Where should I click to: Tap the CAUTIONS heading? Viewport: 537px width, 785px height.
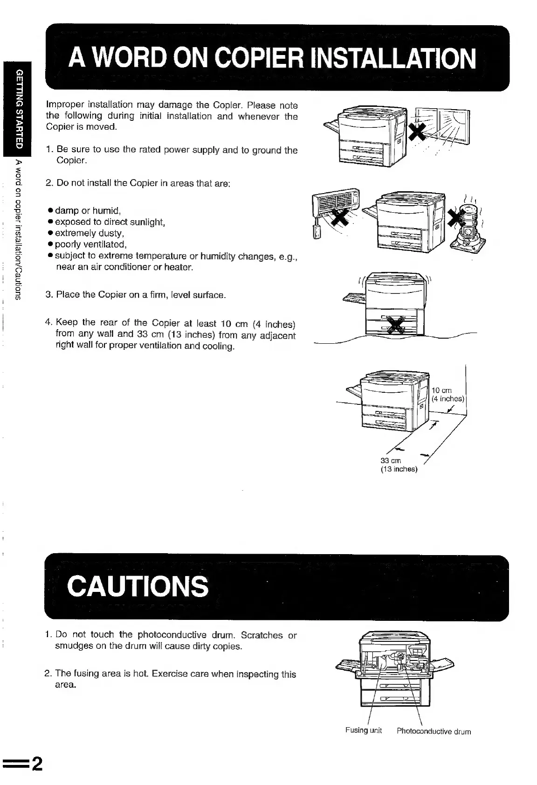point(138,586)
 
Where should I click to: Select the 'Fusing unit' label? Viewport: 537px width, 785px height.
point(363,730)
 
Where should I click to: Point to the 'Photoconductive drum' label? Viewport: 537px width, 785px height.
point(434,731)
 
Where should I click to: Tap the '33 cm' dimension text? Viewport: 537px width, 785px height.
point(391,461)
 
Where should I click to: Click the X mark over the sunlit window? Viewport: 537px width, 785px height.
point(418,133)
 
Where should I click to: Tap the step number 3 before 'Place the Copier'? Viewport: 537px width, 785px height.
point(48,295)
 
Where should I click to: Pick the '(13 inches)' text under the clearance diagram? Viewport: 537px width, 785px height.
point(399,469)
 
